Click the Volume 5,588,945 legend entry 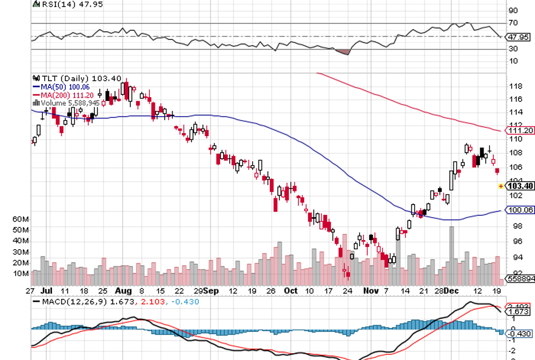tap(66, 103)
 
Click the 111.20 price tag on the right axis tap(520, 130)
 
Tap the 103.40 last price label tap(520, 186)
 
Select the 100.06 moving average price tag tap(520, 210)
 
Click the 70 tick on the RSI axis tap(513, 23)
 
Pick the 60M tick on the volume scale tap(21, 219)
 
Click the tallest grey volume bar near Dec tap(452, 251)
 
